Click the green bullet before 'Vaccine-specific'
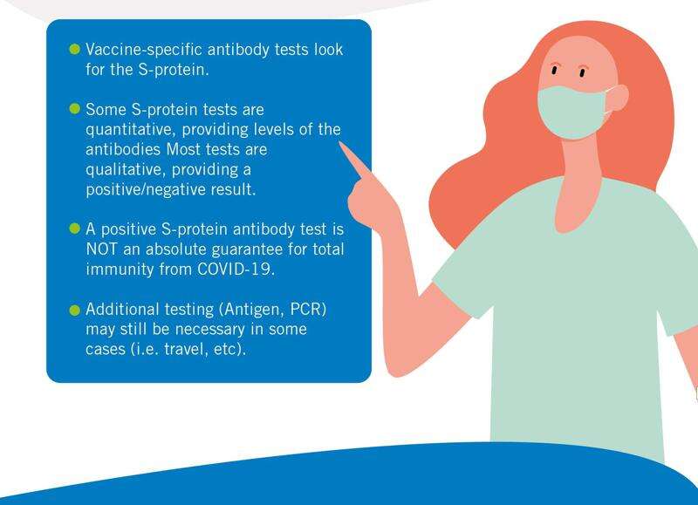click(75, 49)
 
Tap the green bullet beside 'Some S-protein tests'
click(75, 108)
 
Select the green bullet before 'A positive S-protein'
click(75, 229)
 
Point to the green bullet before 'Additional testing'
click(75, 311)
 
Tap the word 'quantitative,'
click(132, 129)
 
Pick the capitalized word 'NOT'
click(101, 249)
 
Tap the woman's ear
click(618, 98)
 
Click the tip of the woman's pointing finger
click(341, 143)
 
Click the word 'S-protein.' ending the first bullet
click(174, 70)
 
